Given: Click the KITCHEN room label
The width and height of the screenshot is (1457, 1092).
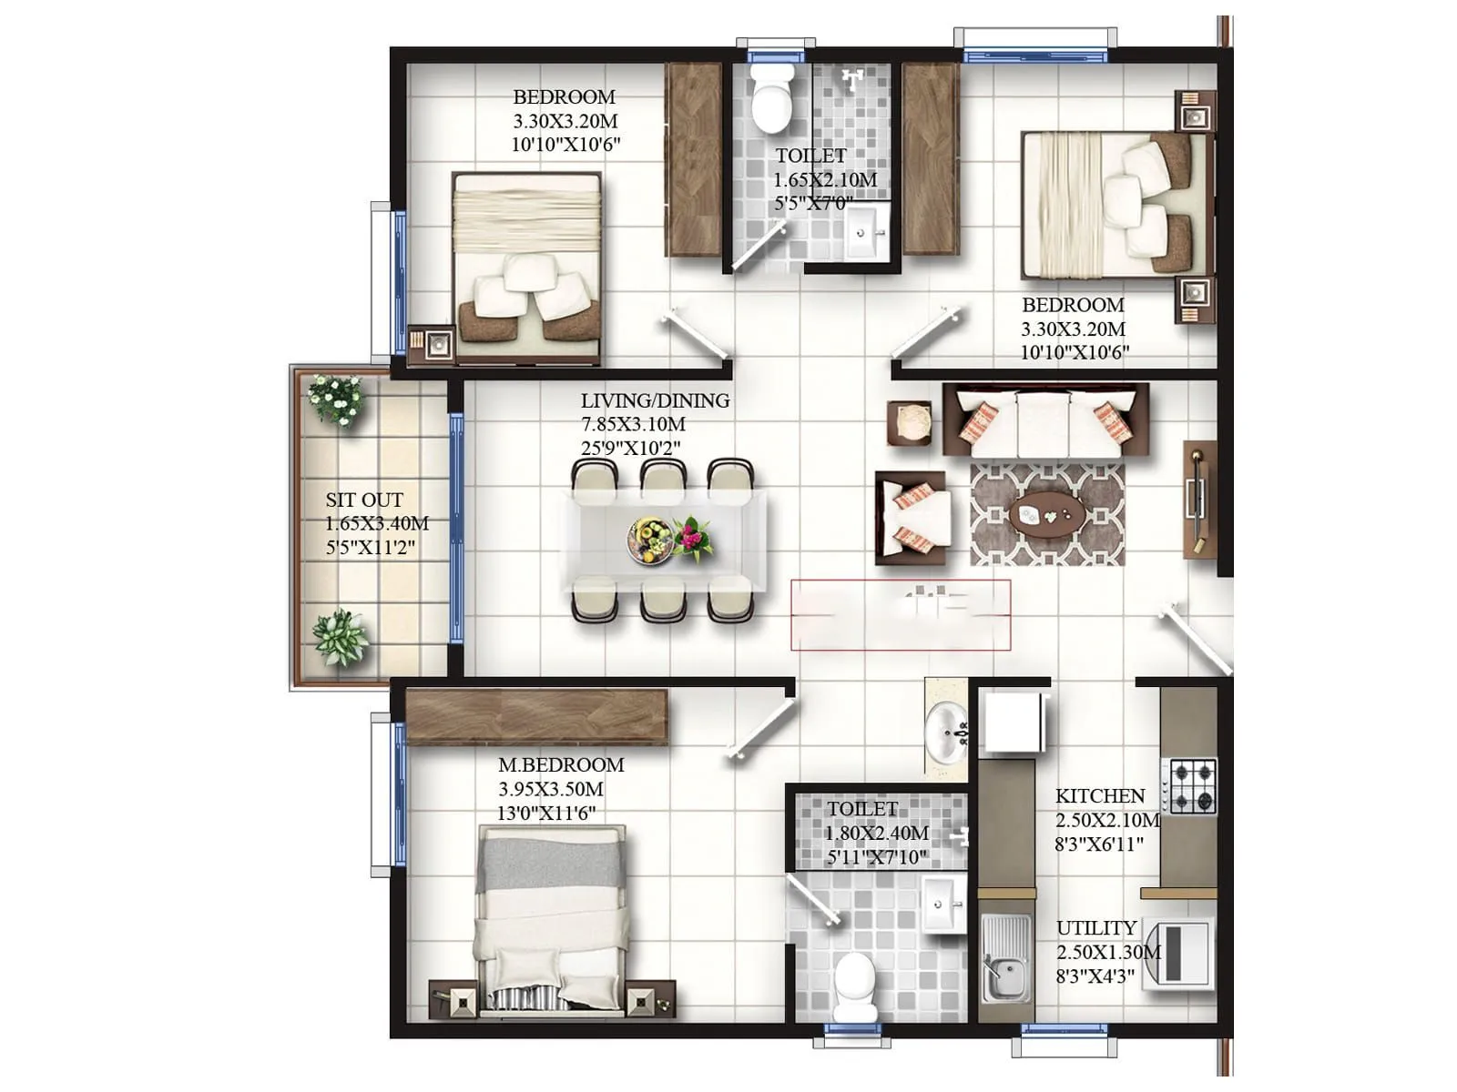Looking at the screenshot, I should tap(1099, 796).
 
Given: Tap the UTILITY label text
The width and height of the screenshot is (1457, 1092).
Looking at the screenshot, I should tap(1096, 928).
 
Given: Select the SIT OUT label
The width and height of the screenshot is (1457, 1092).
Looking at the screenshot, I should tap(364, 500).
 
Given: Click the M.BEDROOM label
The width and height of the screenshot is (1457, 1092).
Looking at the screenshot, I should tap(561, 765).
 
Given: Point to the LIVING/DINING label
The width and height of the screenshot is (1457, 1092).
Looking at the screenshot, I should tap(655, 400).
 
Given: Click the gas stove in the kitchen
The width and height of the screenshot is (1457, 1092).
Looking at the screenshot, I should tap(1193, 785).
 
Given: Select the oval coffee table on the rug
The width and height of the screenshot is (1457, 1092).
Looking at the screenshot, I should tap(1046, 515).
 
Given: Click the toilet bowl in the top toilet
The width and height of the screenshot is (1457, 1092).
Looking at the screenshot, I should tap(771, 98).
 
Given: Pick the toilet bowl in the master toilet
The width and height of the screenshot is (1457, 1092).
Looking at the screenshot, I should tap(854, 986).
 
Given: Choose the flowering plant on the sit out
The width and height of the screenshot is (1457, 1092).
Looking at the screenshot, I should tap(336, 399).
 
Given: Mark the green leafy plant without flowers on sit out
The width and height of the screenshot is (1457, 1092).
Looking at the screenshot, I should tap(340, 636).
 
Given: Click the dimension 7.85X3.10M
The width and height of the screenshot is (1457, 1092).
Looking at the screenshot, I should tap(634, 424).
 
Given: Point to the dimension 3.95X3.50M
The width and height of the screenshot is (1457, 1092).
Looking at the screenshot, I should tap(551, 789).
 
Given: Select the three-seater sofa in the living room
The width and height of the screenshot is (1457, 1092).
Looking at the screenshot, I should tap(1045, 420).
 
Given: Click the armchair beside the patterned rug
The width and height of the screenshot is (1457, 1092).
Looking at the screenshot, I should tap(913, 518).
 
